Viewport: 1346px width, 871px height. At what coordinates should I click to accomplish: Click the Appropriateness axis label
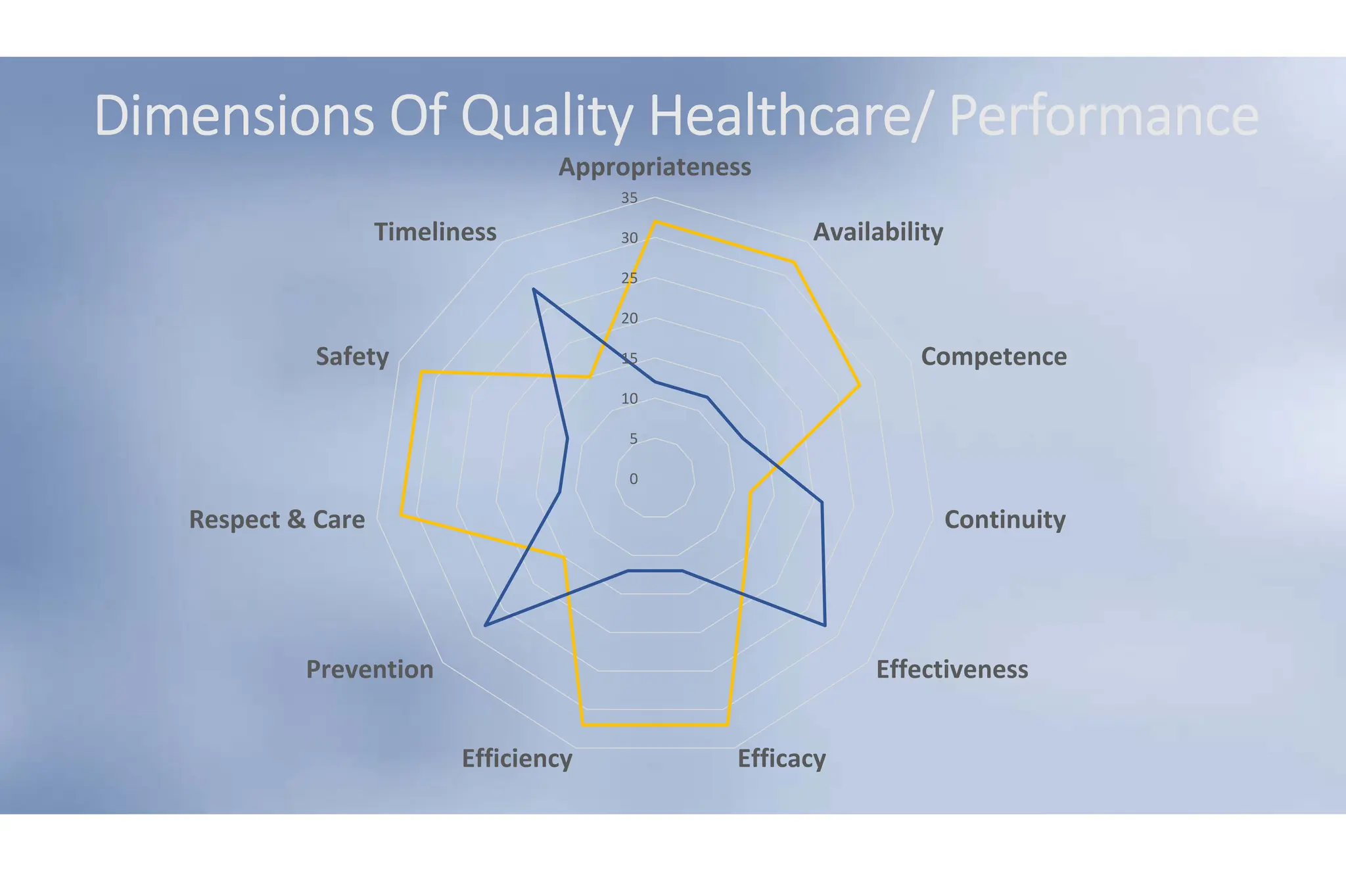tap(655, 167)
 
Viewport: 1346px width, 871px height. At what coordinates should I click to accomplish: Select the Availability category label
tap(878, 232)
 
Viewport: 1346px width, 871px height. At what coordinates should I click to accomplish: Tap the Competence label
tap(993, 356)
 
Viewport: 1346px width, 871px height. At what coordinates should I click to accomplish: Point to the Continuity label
tap(1004, 519)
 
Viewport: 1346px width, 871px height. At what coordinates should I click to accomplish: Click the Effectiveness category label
tap(952, 669)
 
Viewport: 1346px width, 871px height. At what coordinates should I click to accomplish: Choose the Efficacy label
tap(781, 759)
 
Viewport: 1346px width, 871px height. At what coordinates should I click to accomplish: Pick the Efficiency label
tap(517, 759)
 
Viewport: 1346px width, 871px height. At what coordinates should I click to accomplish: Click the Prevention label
tap(370, 669)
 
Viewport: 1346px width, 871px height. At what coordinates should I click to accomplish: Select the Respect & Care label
tap(277, 519)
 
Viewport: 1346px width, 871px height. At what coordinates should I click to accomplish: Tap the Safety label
tap(352, 356)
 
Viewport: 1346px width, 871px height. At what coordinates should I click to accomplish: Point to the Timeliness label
tap(435, 232)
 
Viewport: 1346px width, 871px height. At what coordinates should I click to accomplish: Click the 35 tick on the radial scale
tap(630, 198)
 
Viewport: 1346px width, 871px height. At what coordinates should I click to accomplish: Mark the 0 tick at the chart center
tap(634, 479)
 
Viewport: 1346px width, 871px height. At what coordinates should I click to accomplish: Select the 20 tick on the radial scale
tap(630, 319)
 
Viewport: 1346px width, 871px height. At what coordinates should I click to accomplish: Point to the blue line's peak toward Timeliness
tap(534, 289)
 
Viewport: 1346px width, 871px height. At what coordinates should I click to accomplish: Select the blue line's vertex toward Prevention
tap(485, 626)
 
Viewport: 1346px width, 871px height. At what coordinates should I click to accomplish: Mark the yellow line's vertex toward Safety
tap(421, 373)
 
